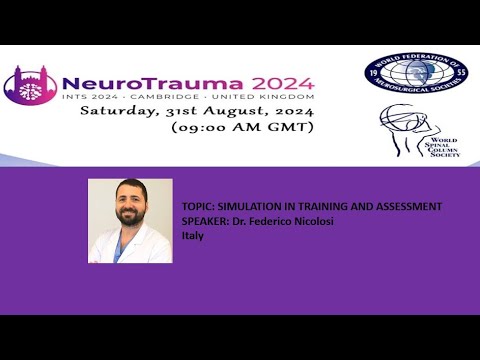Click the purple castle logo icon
pyautogui.click(x=29, y=88)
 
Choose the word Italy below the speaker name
pyautogui.click(x=192, y=236)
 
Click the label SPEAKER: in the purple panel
pyautogui.click(x=204, y=221)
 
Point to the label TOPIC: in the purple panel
pyautogui.click(x=197, y=206)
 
